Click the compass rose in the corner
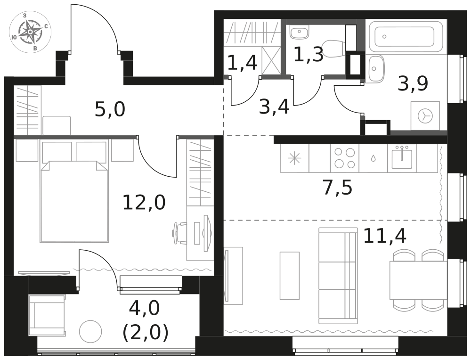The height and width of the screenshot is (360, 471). [x=30, y=32]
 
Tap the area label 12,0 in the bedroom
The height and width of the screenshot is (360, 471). [x=144, y=202]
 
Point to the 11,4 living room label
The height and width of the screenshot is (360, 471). [x=385, y=236]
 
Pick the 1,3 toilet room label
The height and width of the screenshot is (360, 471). [x=309, y=55]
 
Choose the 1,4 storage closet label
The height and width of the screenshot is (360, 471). [x=242, y=63]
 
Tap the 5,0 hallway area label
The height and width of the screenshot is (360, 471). [x=110, y=109]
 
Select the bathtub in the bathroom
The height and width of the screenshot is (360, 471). [x=406, y=37]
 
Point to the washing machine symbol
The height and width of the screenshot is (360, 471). [x=425, y=116]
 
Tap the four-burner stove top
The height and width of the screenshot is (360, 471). [x=345, y=158]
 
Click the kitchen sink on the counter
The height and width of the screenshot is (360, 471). [x=402, y=157]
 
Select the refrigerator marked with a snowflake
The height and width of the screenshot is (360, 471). [x=294, y=158]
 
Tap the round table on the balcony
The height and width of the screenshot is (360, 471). [x=90, y=332]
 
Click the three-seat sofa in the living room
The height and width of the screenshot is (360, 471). [x=338, y=276]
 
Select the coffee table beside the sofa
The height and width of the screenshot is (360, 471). [x=290, y=276]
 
